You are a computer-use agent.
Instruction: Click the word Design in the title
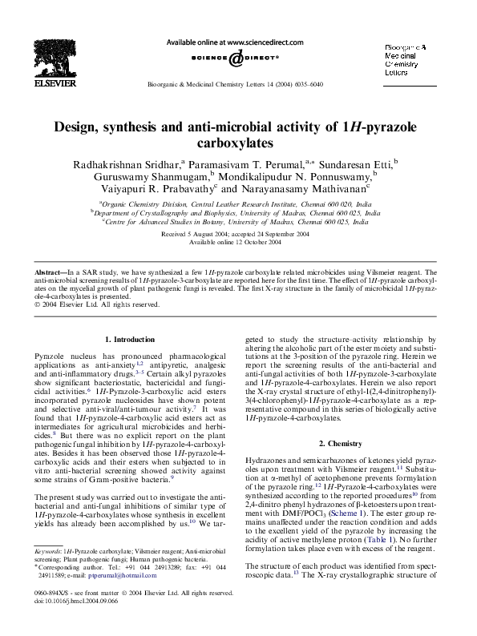76,127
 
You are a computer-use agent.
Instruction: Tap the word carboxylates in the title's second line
238,143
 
